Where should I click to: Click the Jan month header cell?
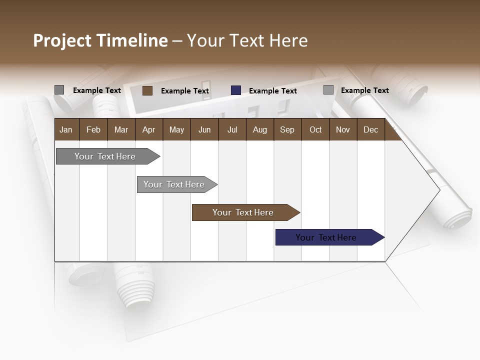point(66,130)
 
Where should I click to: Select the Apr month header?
point(148,130)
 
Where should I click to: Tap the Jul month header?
point(232,130)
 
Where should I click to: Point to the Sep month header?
point(287,130)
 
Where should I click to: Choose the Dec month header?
point(370,130)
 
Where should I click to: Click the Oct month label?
point(315,130)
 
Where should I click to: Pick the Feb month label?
point(93,130)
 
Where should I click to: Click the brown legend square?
point(147,90)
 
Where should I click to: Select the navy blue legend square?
point(236,90)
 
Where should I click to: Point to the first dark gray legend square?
point(59,90)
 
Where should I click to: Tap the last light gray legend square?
point(328,90)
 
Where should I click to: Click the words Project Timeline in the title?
point(100,40)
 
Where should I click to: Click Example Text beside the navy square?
point(272,91)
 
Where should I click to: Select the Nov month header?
point(342,130)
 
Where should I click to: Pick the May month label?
point(176,130)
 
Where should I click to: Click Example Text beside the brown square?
point(184,91)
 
